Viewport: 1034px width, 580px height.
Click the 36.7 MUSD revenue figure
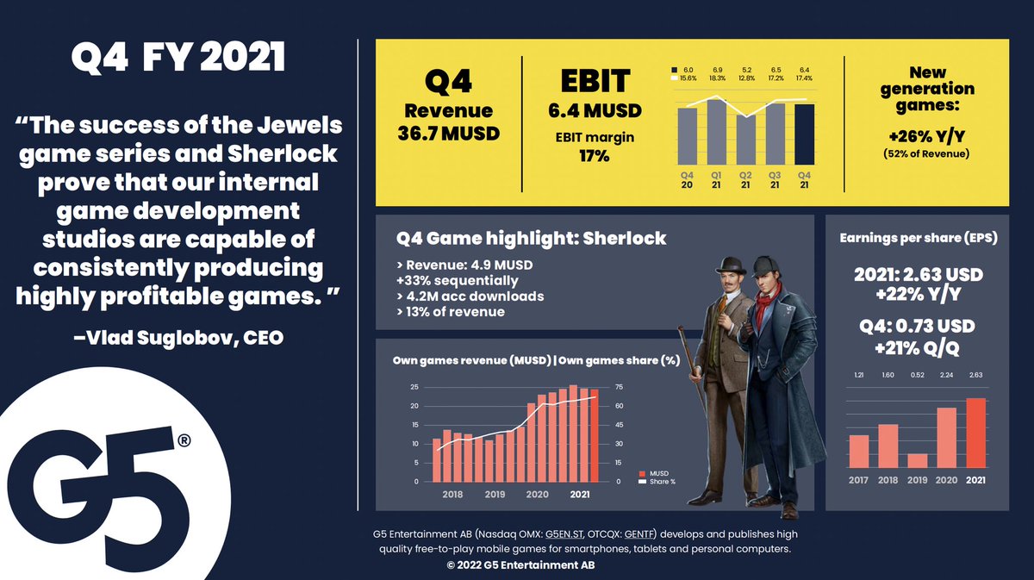448,134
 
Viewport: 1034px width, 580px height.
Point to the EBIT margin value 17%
595,156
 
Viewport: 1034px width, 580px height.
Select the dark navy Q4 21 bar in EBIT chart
803,134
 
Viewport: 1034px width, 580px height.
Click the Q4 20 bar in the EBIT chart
687,135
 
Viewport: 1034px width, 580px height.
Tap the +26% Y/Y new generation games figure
927,138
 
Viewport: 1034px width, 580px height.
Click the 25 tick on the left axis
414,387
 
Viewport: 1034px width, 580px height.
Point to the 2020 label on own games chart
536,495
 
